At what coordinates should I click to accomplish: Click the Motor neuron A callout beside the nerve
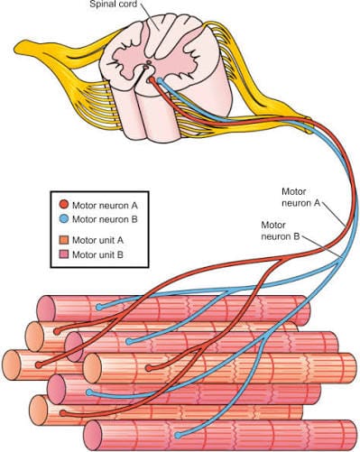pyautogui.click(x=301, y=198)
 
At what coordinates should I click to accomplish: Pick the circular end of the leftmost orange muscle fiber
pyautogui.click(x=14, y=364)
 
